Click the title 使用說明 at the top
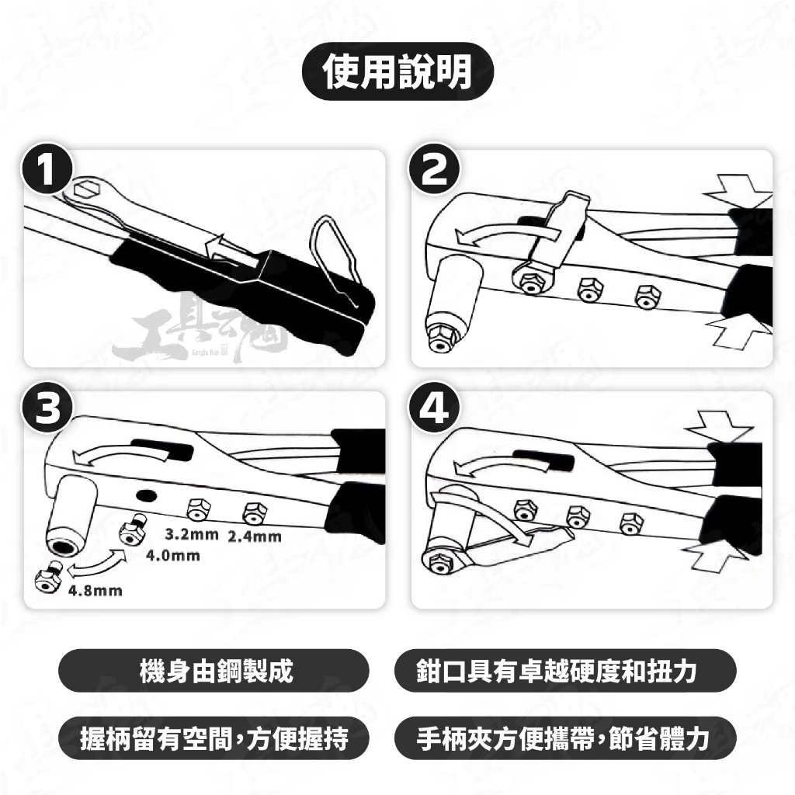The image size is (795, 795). (x=397, y=71)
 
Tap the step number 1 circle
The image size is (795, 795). (x=47, y=168)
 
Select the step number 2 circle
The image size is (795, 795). (x=435, y=168)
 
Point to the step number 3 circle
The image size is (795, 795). (x=47, y=407)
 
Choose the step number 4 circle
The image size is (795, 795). (x=435, y=407)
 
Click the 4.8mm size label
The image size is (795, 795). (x=95, y=591)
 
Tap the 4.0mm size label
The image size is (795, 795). (x=173, y=556)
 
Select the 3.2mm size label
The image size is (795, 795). (x=192, y=534)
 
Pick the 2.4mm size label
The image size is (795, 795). (x=255, y=536)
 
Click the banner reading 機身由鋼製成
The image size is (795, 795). (x=214, y=671)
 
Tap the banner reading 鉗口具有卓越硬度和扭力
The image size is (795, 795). (x=565, y=671)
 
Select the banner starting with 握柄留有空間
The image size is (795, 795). (x=214, y=738)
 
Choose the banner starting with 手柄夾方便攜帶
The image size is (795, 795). (x=565, y=738)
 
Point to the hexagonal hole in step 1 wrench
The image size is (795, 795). (x=86, y=189)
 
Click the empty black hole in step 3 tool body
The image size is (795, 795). (x=145, y=495)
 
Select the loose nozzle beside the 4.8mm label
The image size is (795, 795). (x=48, y=578)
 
